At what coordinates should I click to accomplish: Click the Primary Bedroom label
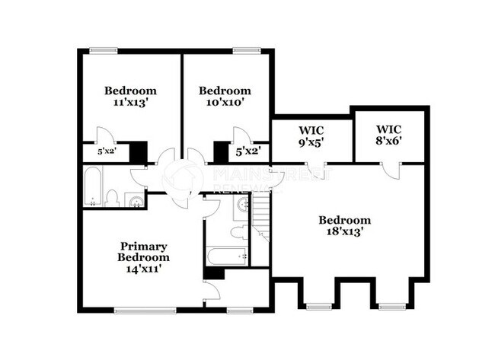point(143,252)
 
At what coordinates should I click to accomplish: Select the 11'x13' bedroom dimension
point(130,101)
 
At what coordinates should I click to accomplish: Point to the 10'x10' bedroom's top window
point(246,51)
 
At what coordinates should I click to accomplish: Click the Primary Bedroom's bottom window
point(143,310)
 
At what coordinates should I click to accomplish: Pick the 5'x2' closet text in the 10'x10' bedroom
point(248,151)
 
